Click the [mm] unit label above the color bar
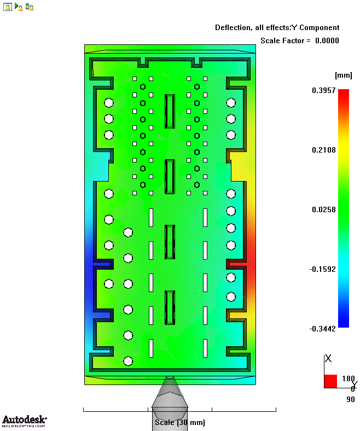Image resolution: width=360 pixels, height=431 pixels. point(343,74)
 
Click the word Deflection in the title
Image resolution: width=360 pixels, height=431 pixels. point(233,27)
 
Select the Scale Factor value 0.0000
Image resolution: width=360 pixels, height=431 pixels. point(327,40)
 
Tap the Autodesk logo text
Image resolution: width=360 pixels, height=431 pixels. point(24,420)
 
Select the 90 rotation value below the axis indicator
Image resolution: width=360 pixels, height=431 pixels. point(351,399)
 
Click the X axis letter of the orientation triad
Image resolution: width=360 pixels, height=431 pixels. point(328,359)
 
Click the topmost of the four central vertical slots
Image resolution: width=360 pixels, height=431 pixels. point(170,110)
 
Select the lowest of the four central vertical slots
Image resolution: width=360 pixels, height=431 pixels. point(170,307)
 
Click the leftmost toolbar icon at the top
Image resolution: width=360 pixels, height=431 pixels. point(8,7)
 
